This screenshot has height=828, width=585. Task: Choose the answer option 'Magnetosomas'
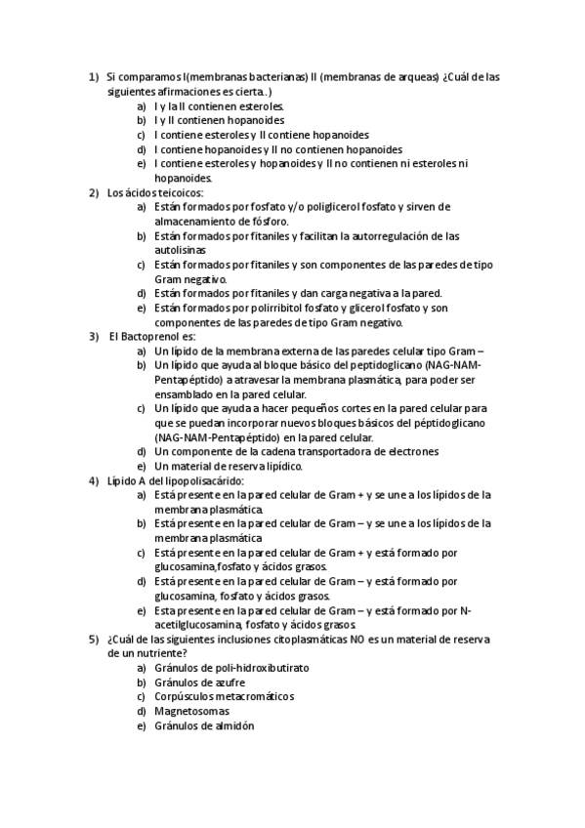[192, 712]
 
